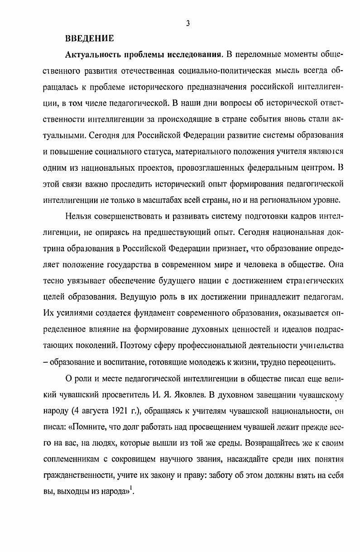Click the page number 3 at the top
tap(187, 24)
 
